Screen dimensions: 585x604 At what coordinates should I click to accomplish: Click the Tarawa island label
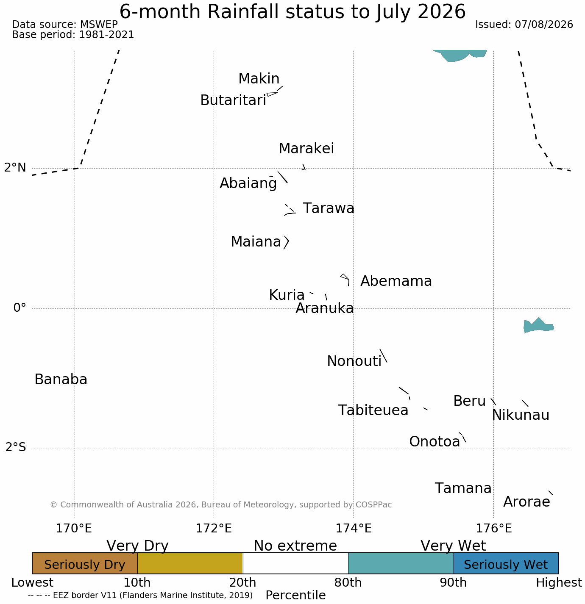pos(329,208)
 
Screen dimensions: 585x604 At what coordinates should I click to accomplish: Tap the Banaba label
pos(61,379)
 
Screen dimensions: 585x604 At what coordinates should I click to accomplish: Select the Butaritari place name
pos(233,100)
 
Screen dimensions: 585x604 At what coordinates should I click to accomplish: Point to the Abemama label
pos(396,281)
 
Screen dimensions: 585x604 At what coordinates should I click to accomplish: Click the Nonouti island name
pos(354,361)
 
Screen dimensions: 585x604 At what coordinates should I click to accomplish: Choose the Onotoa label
pos(435,441)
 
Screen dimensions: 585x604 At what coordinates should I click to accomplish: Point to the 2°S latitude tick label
pos(16,447)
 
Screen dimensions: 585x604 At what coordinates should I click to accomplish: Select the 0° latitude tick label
pos(19,308)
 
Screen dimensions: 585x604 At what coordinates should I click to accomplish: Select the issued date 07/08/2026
pos(544,25)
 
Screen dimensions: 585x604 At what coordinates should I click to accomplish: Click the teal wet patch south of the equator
pos(538,325)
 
